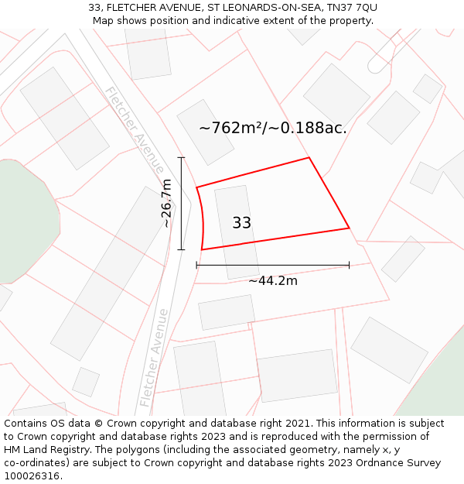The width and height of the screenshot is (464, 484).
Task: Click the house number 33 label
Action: [241, 223]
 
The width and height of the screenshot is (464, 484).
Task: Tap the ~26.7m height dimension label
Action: [166, 203]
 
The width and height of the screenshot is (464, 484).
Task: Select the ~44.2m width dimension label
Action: [273, 280]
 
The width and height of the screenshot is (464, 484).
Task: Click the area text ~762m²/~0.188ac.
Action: [273, 128]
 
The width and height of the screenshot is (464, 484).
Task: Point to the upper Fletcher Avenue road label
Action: [135, 129]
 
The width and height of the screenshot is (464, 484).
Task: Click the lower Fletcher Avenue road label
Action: [154, 358]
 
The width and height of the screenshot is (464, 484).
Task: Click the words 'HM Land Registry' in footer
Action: [45, 450]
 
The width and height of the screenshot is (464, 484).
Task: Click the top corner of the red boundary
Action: [309, 158]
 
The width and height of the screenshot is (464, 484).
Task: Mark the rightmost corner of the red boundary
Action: [349, 228]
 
